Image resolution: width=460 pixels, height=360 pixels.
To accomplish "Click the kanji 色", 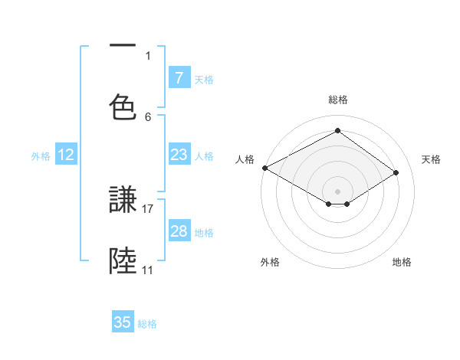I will click(123, 106).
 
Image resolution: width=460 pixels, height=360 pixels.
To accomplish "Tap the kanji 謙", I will click(123, 201).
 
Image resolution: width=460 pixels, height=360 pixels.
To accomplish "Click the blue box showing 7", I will click(179, 78).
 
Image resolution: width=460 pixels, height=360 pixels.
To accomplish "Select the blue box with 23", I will click(179, 155).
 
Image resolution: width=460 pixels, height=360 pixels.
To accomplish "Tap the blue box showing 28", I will click(179, 231).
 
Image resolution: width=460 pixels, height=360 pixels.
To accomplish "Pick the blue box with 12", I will click(66, 155).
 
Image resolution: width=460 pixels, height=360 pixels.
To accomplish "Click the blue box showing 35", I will click(123, 322).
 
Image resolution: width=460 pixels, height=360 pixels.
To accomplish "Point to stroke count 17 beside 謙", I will click(149, 208).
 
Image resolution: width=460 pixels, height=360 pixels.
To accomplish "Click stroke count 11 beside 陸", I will click(148, 270).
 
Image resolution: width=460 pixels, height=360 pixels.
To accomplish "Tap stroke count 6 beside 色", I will click(148, 116).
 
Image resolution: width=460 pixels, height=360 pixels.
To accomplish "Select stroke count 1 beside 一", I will click(148, 55).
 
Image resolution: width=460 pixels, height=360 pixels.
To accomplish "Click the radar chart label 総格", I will click(337, 100).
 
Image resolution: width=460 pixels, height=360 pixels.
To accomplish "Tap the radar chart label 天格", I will click(431, 159).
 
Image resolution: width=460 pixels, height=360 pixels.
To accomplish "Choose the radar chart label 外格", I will click(270, 262).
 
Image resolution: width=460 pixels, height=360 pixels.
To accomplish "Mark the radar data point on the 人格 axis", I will click(264, 168).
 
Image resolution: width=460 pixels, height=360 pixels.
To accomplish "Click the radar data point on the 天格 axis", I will click(396, 172).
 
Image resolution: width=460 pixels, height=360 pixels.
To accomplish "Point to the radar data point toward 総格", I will click(337, 130).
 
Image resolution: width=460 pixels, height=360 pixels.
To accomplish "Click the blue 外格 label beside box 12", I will click(41, 155).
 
